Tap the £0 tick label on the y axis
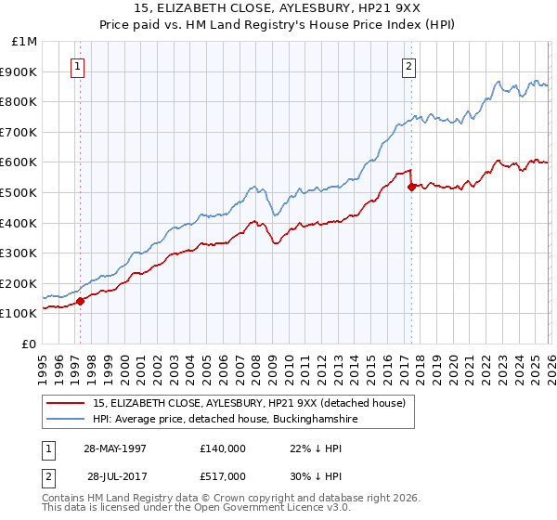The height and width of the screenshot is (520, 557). (x=30, y=344)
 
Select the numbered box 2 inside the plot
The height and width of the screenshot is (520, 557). (x=408, y=66)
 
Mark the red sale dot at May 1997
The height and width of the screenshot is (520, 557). (x=81, y=301)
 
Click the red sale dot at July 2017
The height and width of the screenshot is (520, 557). (x=411, y=187)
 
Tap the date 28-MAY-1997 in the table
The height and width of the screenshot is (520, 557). (x=115, y=448)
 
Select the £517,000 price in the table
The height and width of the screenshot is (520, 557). (x=223, y=476)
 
